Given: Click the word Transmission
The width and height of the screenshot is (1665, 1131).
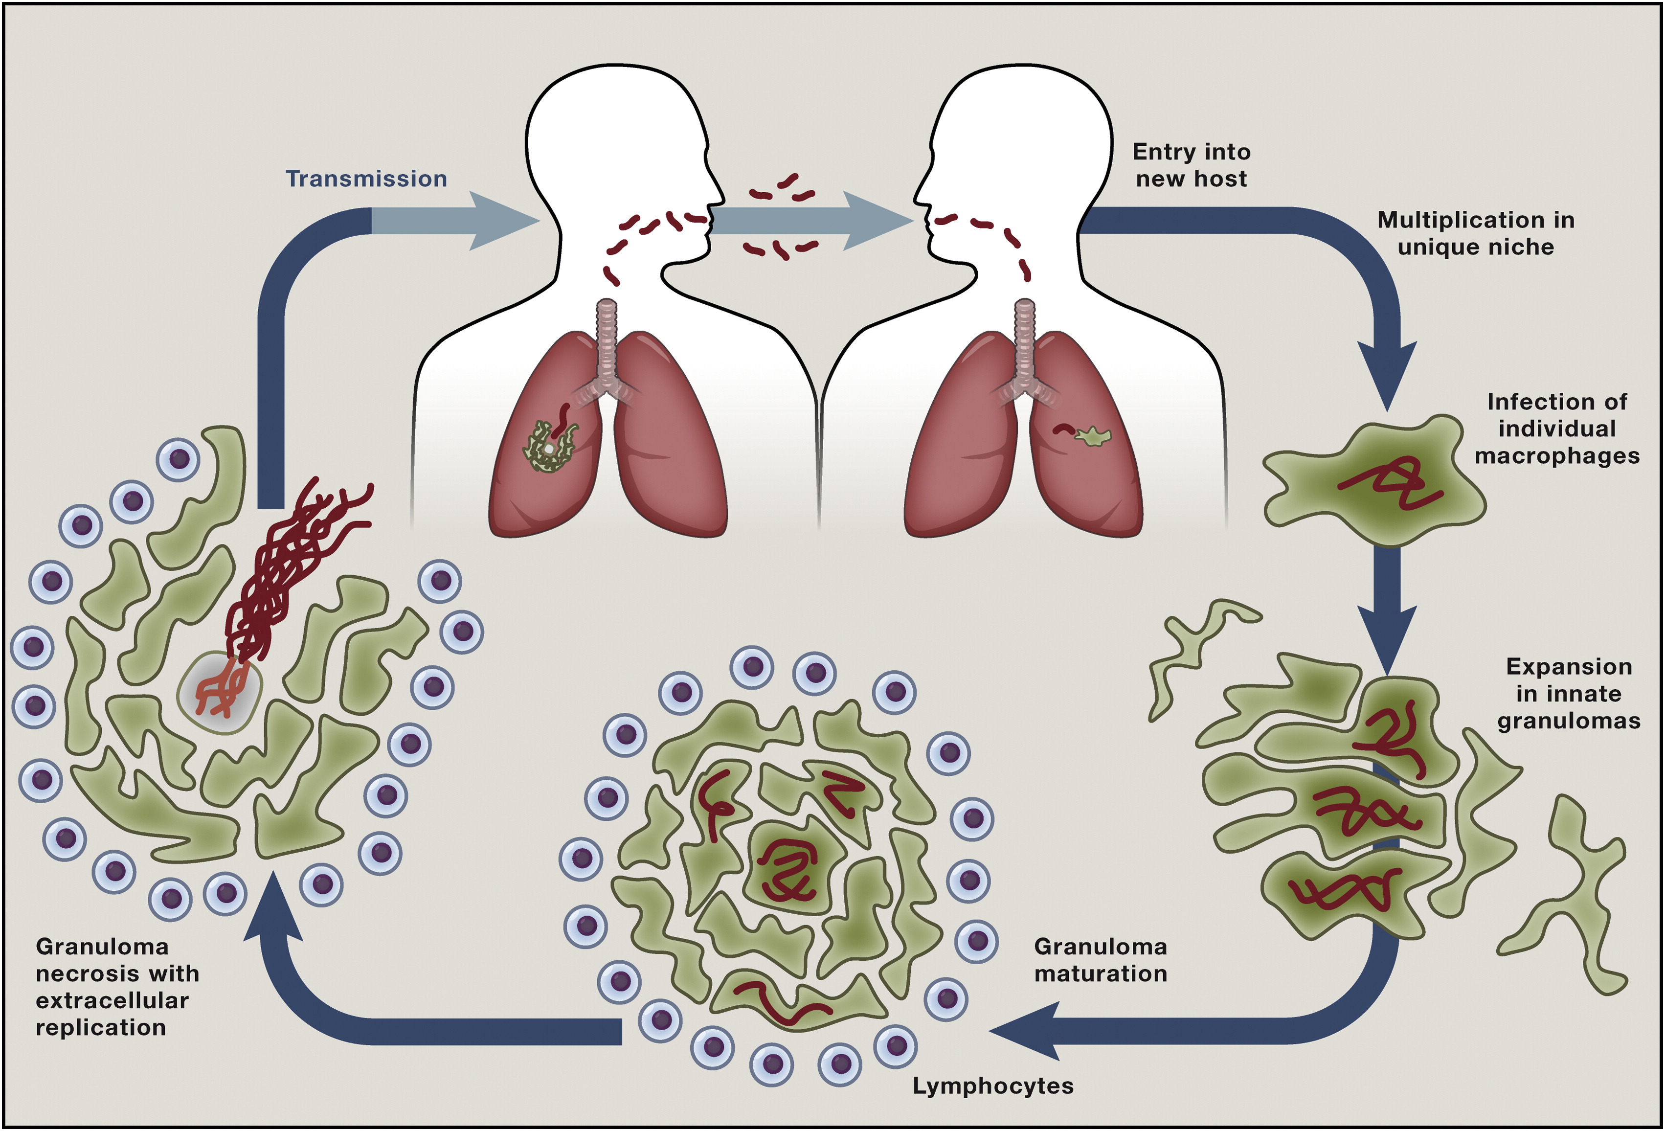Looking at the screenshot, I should pos(366,179).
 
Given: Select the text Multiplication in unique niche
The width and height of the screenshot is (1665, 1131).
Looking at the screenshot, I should pos(1475,233).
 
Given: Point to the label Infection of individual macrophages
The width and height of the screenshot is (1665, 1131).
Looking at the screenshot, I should pos(1556,429).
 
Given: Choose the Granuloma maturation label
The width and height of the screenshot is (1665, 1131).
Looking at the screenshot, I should pos(1101,960).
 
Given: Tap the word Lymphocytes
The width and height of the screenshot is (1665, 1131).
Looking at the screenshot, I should pos(992,1086).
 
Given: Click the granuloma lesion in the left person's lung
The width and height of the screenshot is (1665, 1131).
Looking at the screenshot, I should pos(549,446).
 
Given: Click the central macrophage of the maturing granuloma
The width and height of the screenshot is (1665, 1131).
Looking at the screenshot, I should pos(788,867).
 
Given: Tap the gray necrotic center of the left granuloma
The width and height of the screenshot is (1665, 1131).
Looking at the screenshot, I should pos(221,692).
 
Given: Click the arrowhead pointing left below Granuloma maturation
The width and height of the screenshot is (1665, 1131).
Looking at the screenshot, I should pos(1025,1031).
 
